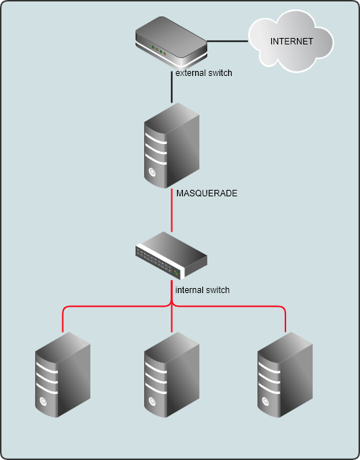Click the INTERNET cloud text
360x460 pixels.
pyautogui.click(x=292, y=42)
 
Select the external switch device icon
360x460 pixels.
pyautogui.click(x=171, y=42)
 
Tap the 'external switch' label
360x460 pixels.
pyautogui.click(x=204, y=73)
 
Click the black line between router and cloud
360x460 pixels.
pyautogui.click(x=227, y=41)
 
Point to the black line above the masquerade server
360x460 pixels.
pyautogui.click(x=172, y=87)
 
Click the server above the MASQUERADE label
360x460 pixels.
pyautogui.click(x=172, y=145)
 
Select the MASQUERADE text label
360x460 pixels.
pyautogui.click(x=207, y=193)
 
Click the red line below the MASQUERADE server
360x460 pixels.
pyautogui.click(x=172, y=211)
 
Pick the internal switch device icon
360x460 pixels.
pyautogui.click(x=171, y=256)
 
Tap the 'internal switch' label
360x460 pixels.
pyautogui.click(x=202, y=290)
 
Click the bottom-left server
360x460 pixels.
pyautogui.click(x=62, y=375)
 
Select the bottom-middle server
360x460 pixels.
pyautogui.click(x=172, y=375)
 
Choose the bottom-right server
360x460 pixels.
pyautogui.click(x=285, y=375)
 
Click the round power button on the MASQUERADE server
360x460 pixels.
pyautogui.click(x=152, y=172)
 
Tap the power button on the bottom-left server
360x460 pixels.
pyautogui.click(x=43, y=401)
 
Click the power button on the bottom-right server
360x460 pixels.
pyautogui.click(x=265, y=401)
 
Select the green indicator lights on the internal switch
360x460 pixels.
pyautogui.click(x=176, y=274)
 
